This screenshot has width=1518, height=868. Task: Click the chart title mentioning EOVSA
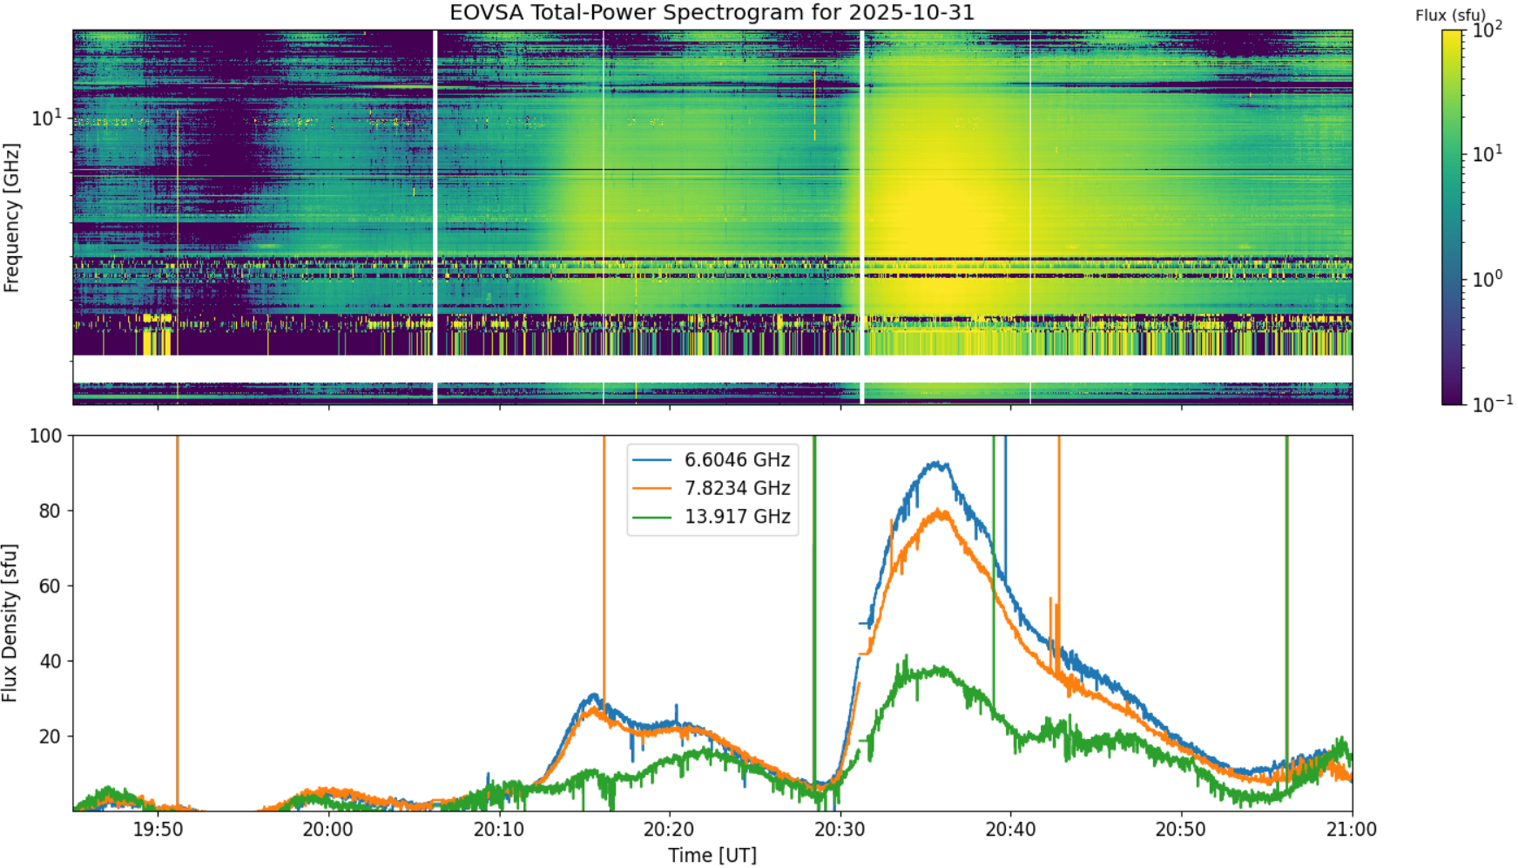(x=712, y=13)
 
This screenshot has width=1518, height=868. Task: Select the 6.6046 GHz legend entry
(x=712, y=459)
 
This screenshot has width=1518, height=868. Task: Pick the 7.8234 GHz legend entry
(x=712, y=488)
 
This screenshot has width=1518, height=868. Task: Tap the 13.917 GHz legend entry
(x=712, y=517)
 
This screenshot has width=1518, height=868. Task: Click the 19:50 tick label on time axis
(x=158, y=829)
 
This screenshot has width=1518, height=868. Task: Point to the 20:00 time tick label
(x=328, y=829)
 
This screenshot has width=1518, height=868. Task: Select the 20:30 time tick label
(x=840, y=829)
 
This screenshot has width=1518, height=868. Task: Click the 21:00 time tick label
(x=1352, y=829)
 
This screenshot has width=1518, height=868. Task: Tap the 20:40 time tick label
(x=1011, y=829)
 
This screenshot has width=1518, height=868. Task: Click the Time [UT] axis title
(x=712, y=855)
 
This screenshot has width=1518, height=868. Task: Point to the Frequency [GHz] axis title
(x=10, y=218)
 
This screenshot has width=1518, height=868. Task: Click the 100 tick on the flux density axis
(x=46, y=436)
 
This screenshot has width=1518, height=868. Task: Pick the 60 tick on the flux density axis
(x=51, y=586)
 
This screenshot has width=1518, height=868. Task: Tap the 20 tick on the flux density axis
(x=51, y=736)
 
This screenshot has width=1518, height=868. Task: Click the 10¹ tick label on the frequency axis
(x=47, y=117)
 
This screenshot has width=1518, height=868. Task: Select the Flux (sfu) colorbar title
(x=1450, y=15)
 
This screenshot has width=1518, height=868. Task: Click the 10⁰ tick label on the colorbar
(x=1487, y=279)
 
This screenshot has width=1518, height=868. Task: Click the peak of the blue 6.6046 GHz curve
(x=936, y=463)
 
